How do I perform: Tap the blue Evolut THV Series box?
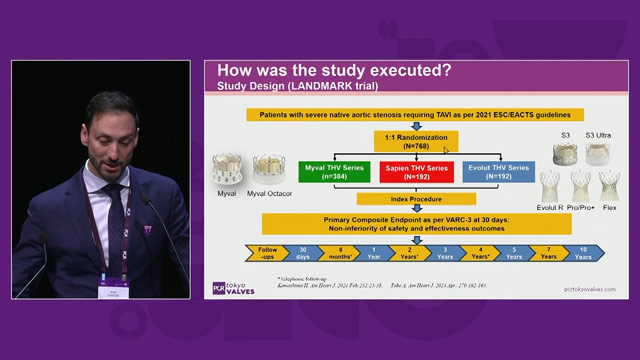[x=498, y=171]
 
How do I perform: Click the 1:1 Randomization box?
[x=416, y=141]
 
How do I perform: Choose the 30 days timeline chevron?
[x=301, y=251]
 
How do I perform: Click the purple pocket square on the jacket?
[x=147, y=229]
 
